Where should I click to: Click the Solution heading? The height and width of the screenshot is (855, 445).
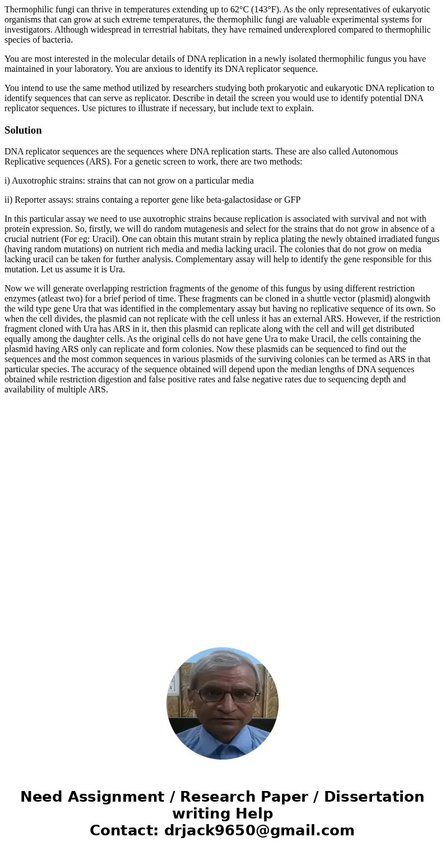[x=23, y=130]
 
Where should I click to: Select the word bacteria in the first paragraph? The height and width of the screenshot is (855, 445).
[x=56, y=40]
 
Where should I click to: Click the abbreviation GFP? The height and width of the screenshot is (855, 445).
[x=291, y=200]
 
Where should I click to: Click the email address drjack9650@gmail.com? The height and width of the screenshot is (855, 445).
[x=259, y=831]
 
